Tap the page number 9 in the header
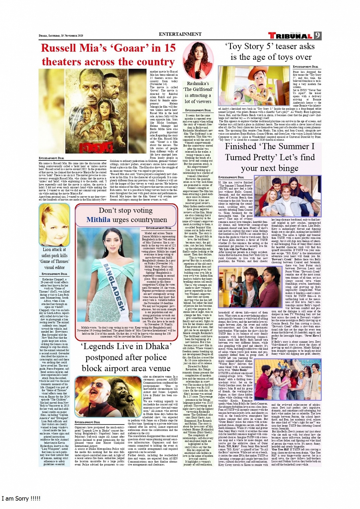click(x=317, y=36)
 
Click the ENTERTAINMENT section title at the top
click(x=180, y=34)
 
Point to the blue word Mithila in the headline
click(x=98, y=220)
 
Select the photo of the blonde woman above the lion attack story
click(x=54, y=225)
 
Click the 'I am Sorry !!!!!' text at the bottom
click(x=21, y=499)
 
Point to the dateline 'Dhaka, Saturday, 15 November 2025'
click(x=61, y=36)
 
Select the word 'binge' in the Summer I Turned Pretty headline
click(x=285, y=168)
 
